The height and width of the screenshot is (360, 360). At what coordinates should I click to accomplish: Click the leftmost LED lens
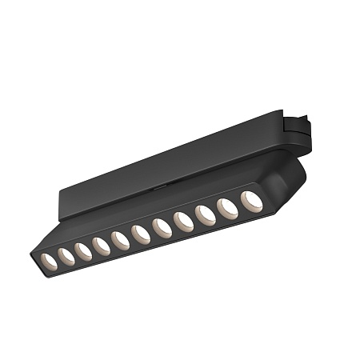50,261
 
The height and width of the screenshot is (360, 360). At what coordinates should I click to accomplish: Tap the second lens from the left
66,255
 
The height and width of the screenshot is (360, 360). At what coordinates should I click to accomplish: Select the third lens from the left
83,250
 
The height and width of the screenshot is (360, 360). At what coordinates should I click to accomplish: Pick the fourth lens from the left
101,245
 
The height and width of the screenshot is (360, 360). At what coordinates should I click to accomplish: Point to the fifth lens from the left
120,239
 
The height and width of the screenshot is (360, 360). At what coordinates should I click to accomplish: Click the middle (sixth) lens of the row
140,234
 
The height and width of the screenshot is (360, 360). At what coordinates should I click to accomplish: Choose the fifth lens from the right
161,227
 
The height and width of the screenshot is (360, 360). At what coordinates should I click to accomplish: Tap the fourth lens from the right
182,221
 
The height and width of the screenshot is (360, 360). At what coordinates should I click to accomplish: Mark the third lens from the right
205,214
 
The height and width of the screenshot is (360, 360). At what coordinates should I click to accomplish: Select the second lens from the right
228,207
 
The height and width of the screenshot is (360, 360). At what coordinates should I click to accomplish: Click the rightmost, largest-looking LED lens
252,200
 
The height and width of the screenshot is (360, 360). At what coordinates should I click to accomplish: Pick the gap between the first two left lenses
58,258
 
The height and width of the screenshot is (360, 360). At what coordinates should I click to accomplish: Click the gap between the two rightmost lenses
240,204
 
